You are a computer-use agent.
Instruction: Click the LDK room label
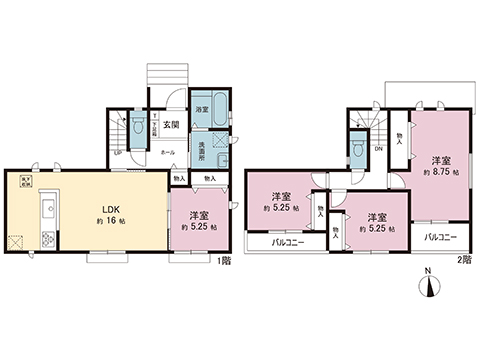[109, 209]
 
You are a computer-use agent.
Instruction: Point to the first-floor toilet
[139, 127]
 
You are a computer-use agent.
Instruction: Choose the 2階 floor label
[464, 259]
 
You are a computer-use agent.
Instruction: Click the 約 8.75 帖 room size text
[440, 172]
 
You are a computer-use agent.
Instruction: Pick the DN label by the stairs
[378, 149]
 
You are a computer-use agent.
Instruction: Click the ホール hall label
[166, 152]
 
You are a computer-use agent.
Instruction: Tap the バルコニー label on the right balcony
[440, 238]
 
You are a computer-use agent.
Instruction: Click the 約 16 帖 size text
[110, 223]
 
